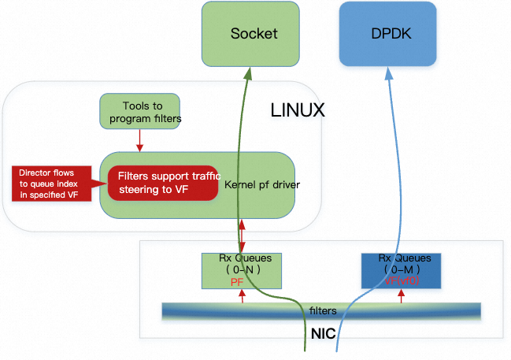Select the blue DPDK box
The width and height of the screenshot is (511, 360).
(387, 34)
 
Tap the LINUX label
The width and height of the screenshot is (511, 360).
(298, 110)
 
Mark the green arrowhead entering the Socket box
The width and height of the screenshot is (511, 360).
(250, 73)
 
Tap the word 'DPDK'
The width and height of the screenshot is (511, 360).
(387, 34)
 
